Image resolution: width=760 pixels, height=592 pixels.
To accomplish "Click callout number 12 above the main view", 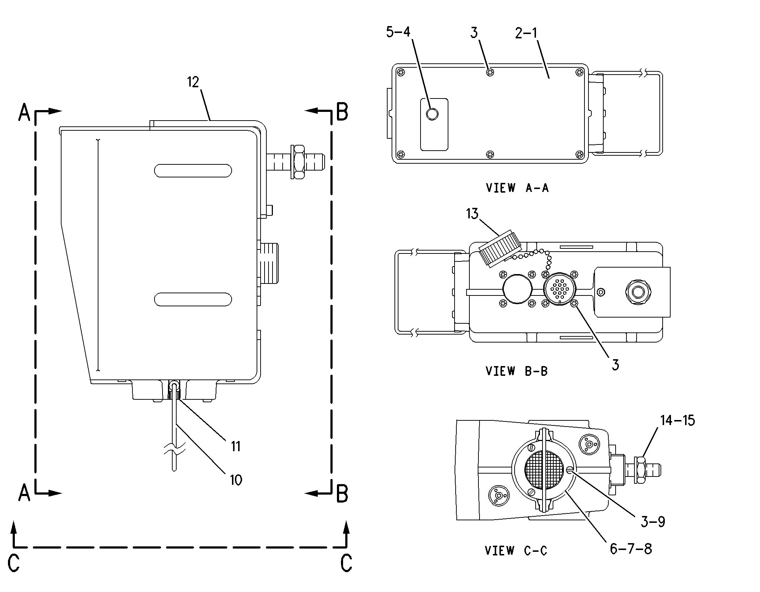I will point(193,83).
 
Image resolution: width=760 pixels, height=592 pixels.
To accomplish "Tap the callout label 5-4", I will point(398,32).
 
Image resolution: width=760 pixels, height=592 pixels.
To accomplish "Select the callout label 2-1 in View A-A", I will point(526,33).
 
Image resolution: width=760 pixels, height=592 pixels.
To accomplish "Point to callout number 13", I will point(472,214).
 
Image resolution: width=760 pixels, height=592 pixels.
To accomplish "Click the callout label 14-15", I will point(677,420).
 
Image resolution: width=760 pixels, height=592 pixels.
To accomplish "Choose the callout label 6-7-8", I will point(630,549).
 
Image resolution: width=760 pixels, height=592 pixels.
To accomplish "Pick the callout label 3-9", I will point(653,522).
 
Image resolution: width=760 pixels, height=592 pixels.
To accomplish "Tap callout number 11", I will point(236,446).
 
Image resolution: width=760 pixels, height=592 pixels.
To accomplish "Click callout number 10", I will point(236,480).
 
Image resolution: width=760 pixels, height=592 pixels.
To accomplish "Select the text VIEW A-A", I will point(517,188).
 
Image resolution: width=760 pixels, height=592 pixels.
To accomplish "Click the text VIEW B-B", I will point(516,371).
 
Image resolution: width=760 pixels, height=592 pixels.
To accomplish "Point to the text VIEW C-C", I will point(516,551).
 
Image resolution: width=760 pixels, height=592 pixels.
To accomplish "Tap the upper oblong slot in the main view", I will point(193,171).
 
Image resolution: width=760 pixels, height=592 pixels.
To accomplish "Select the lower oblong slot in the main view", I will point(193,299).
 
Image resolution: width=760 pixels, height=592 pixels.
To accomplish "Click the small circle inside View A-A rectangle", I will point(432,114).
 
